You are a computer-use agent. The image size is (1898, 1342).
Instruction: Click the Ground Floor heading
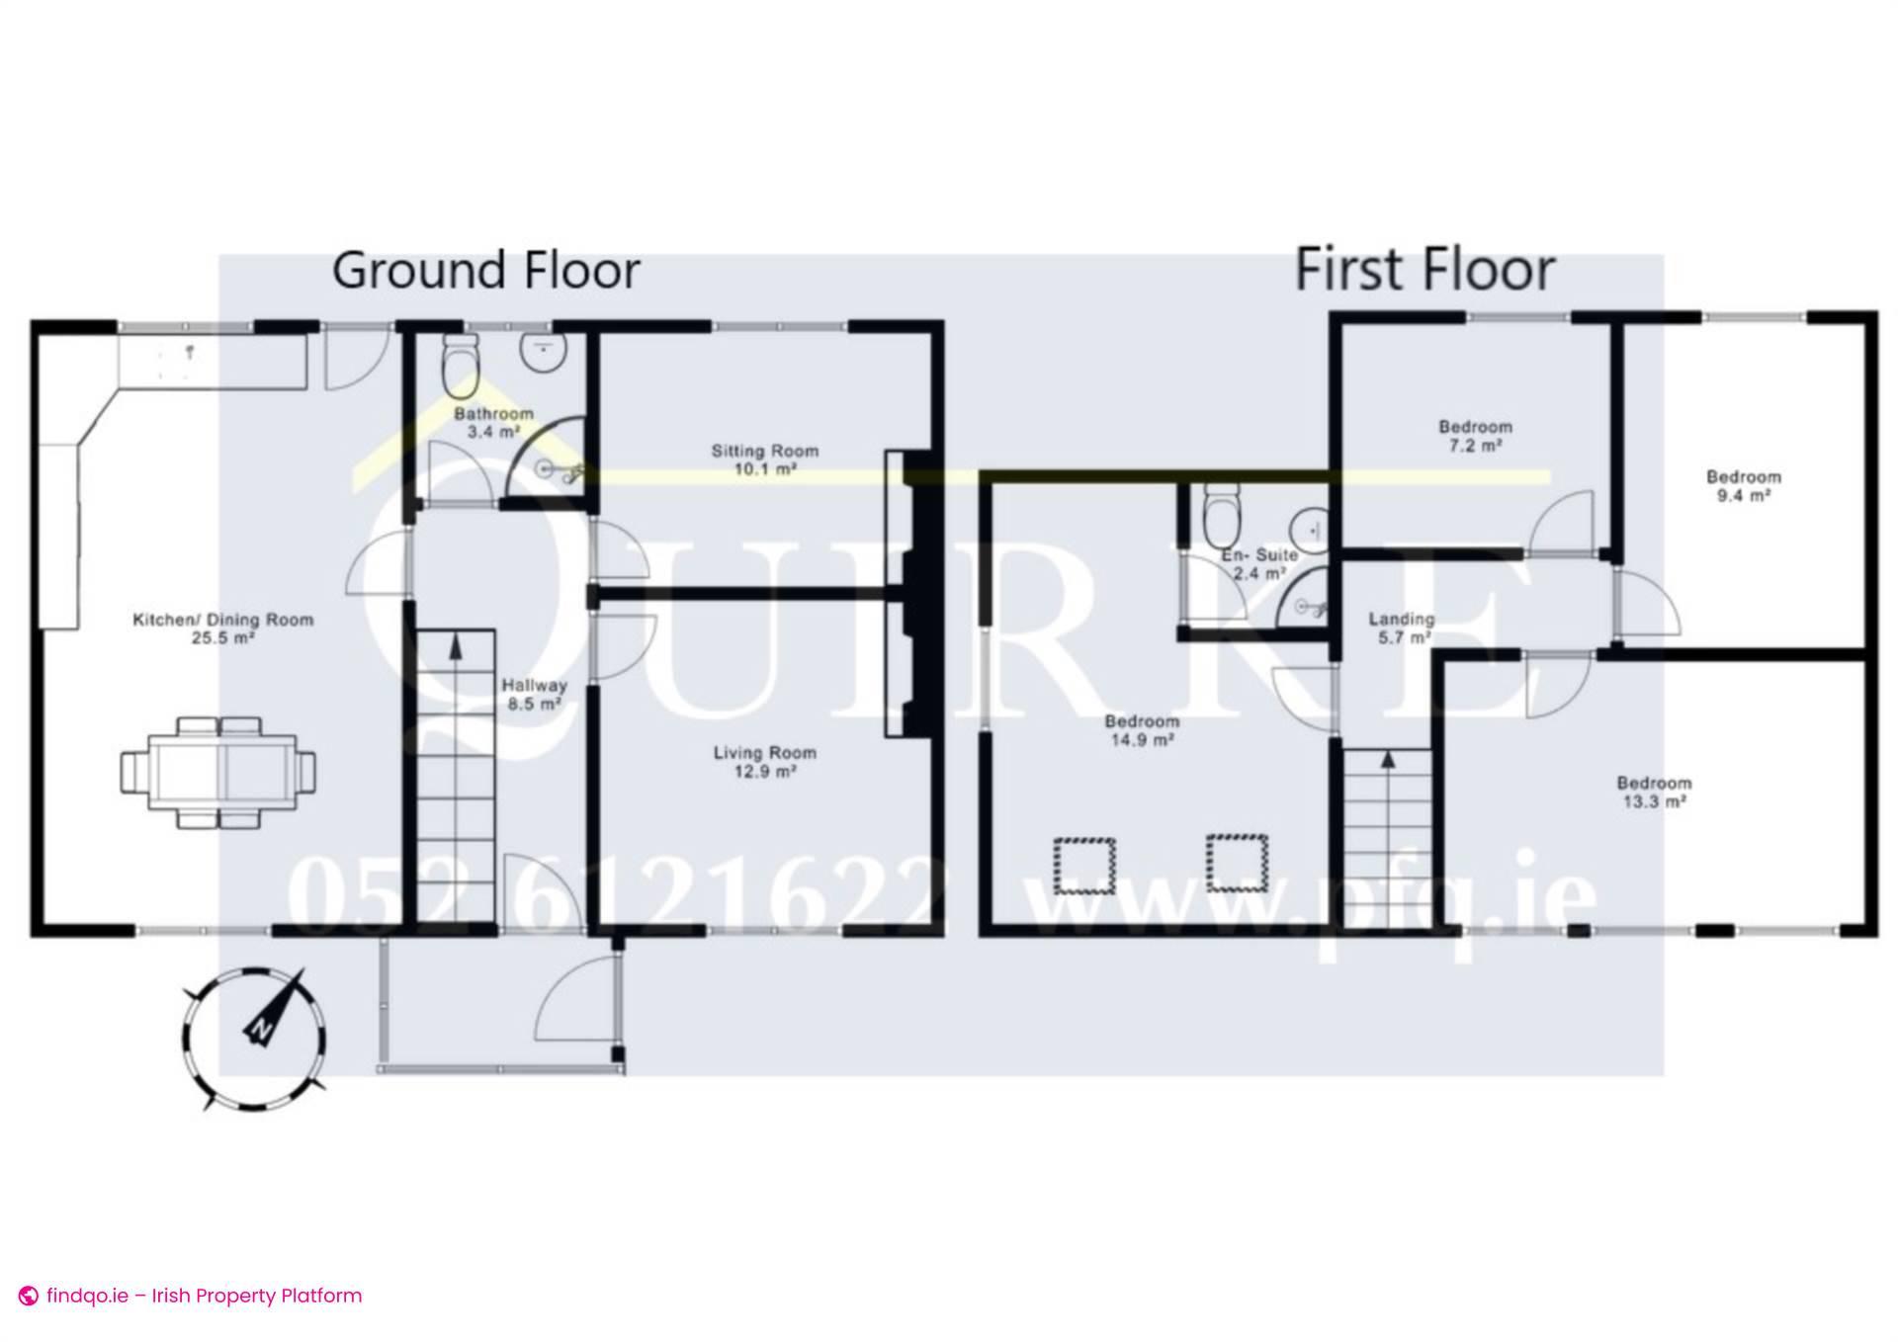(485, 271)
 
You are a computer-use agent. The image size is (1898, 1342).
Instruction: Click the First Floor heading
(1424, 271)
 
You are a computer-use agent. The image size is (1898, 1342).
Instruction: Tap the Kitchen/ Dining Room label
(222, 629)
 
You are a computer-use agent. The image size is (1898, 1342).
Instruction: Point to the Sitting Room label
(765, 460)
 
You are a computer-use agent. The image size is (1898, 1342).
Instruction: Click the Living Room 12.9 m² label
(764, 762)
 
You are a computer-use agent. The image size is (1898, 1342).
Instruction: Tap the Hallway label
(534, 694)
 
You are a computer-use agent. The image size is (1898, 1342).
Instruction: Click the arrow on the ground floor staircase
(456, 648)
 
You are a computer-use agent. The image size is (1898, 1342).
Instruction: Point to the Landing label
(1401, 628)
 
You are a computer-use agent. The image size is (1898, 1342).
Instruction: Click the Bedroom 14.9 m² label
(1142, 730)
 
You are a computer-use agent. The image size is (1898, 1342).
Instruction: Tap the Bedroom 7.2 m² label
(1475, 436)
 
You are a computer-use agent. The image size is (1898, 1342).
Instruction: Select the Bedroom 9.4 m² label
(1743, 486)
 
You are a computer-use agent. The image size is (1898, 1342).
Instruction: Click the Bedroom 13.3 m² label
(1654, 792)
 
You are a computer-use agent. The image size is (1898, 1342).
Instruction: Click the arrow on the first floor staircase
(1387, 759)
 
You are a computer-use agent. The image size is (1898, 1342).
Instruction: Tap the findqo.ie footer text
(204, 1296)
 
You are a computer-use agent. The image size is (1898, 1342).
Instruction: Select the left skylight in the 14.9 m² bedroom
(1084, 865)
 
